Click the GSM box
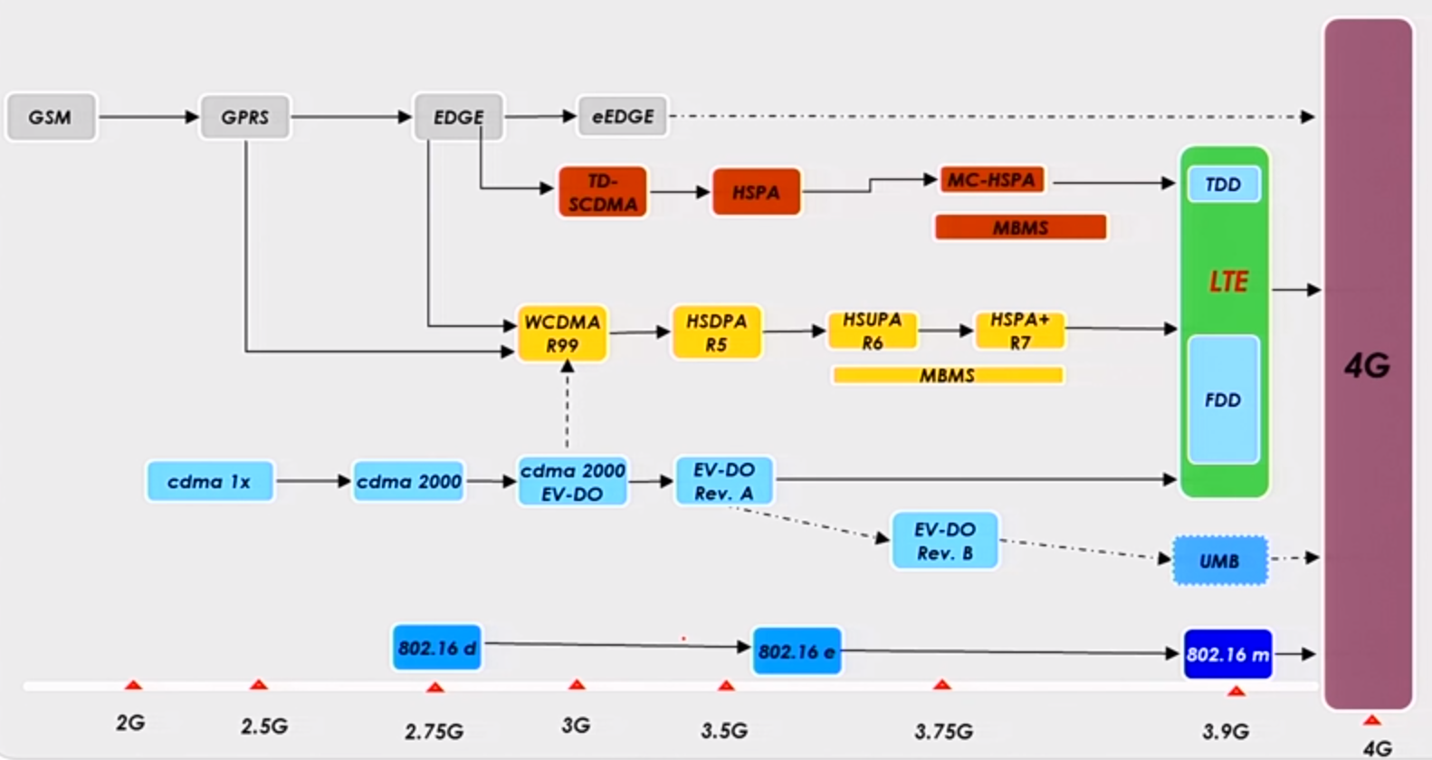(x=51, y=117)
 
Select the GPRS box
(x=244, y=117)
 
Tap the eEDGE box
(x=623, y=116)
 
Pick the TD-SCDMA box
(x=603, y=192)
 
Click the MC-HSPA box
(x=991, y=179)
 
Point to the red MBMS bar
(x=1020, y=226)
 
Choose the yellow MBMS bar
(x=947, y=375)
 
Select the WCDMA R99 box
(x=562, y=333)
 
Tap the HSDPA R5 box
(x=716, y=332)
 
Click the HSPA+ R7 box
(x=1019, y=331)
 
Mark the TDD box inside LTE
(x=1223, y=185)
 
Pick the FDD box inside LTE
(x=1223, y=399)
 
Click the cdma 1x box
(x=209, y=481)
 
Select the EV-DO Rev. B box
(x=944, y=541)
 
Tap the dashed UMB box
(x=1219, y=561)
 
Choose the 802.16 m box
(x=1227, y=654)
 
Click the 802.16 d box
(x=436, y=648)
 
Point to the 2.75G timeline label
(x=434, y=730)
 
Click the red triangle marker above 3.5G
(x=726, y=686)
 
